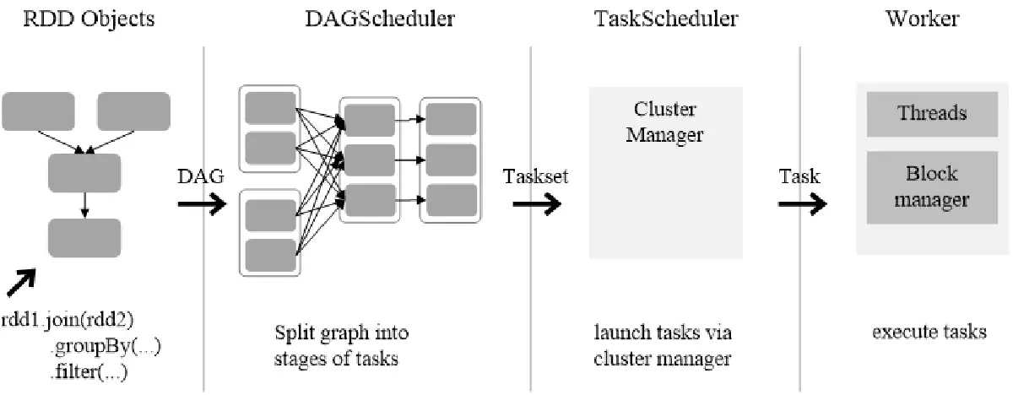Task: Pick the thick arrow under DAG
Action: click(202, 203)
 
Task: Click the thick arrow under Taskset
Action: click(537, 203)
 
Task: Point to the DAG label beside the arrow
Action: click(201, 176)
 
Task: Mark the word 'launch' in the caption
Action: click(617, 332)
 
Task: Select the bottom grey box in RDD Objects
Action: click(84, 236)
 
